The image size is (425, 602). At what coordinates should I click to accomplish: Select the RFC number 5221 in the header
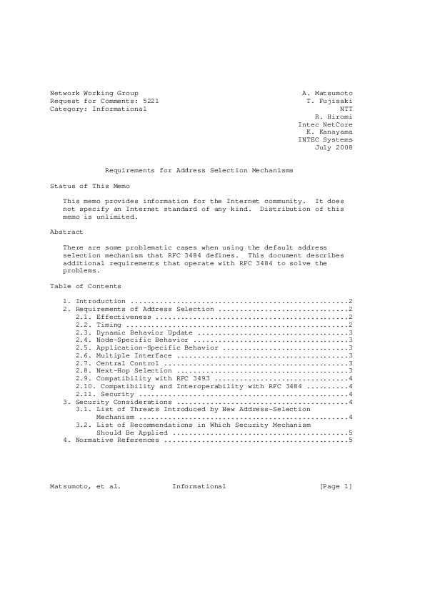point(151,102)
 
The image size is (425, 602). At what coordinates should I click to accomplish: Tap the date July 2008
point(334,148)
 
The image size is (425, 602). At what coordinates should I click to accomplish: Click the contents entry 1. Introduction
point(94,302)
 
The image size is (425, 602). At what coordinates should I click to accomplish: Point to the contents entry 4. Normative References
point(112,440)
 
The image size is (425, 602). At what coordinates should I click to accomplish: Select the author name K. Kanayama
point(329,132)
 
